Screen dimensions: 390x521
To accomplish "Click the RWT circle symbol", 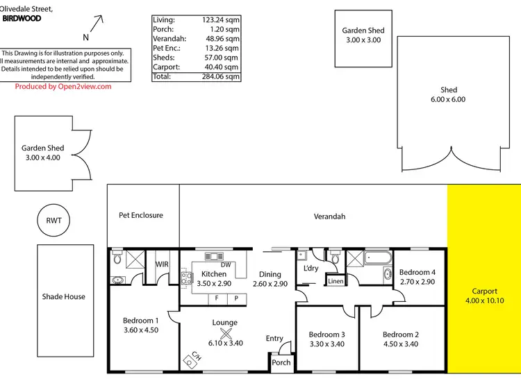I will coord(53,221).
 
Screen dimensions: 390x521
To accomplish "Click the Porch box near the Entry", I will coord(281,363).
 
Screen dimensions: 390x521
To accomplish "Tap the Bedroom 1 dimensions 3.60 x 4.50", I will coord(141,330).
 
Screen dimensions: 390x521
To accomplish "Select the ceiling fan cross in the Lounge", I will coord(224,332).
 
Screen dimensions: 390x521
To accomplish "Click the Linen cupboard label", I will coord(336,281).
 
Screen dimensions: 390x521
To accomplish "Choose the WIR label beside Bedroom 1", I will coord(162,264).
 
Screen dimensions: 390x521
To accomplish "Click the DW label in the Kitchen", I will coord(225,264).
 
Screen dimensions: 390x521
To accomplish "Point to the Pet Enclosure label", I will coord(141,215).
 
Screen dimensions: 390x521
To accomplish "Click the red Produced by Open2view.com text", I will coord(63,87).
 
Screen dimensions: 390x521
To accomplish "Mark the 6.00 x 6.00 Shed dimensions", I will coord(448,99).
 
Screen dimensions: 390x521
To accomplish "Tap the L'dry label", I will coord(310,268).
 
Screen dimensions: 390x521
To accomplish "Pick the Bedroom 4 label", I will coord(417,272).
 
